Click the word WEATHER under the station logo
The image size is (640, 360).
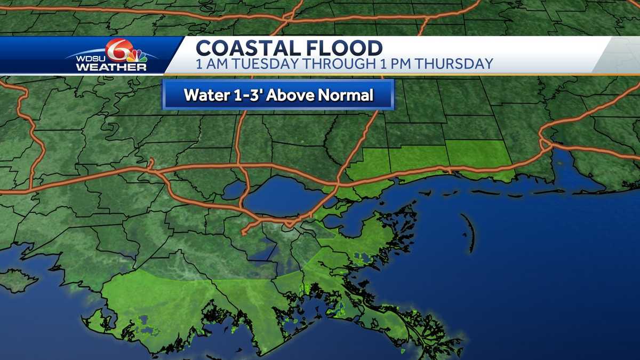coord(111,68)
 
